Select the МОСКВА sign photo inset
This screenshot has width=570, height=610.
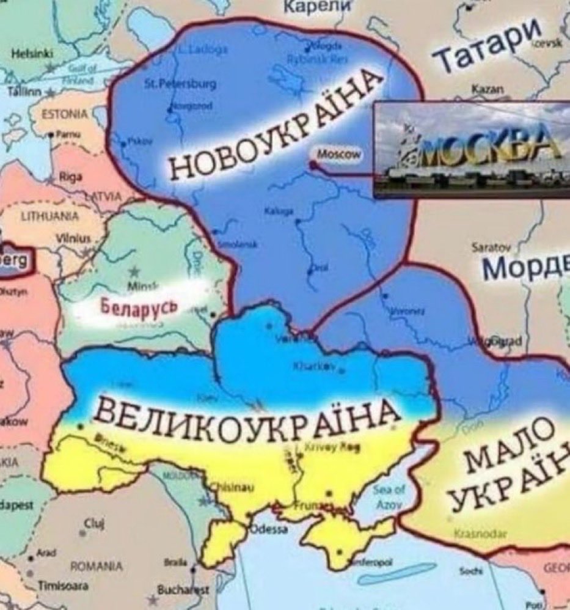[471, 149]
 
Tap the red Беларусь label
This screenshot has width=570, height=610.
[140, 305]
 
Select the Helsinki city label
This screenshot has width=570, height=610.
[32, 54]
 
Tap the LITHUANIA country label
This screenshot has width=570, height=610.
[50, 216]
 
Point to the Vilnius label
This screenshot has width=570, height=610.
[72, 238]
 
